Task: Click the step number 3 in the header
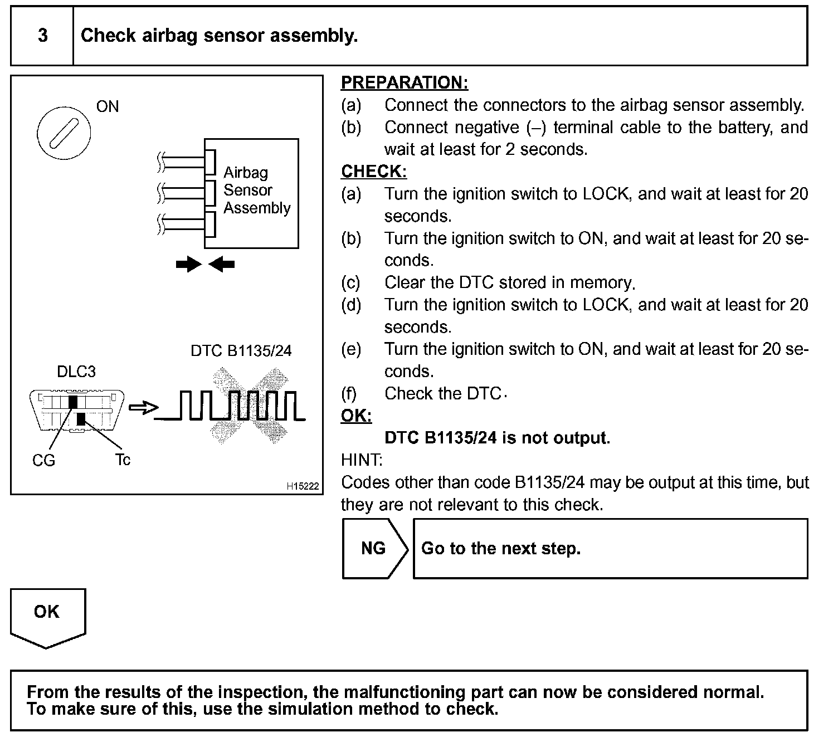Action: click(x=42, y=36)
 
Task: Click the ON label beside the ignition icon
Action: click(x=108, y=106)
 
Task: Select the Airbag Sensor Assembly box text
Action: click(x=256, y=191)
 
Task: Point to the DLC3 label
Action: click(x=76, y=372)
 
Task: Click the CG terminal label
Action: click(x=43, y=460)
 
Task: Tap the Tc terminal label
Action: click(x=123, y=460)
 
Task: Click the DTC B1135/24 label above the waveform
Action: click(x=241, y=350)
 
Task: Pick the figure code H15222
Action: click(x=303, y=486)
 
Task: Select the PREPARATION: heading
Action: click(x=405, y=82)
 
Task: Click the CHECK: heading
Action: click(x=374, y=171)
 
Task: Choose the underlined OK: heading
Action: click(x=356, y=416)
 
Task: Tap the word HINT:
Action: click(x=362, y=460)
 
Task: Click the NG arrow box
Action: click(x=374, y=548)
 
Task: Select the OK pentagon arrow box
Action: click(x=47, y=616)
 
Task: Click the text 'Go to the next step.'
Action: click(x=501, y=548)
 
